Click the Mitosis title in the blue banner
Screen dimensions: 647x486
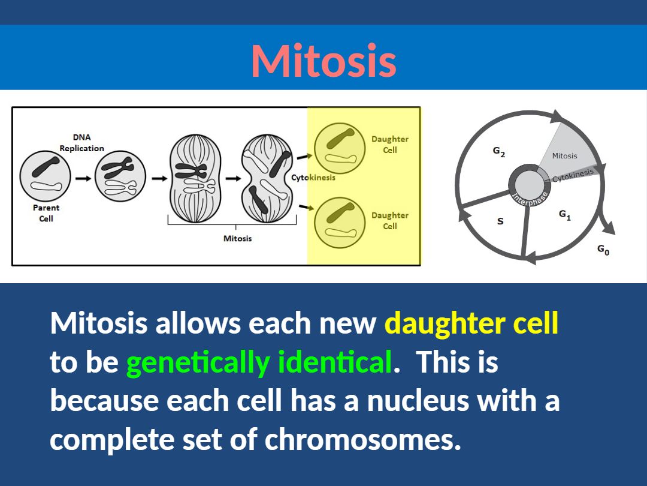tap(324, 61)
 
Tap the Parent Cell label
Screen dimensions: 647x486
tap(46, 213)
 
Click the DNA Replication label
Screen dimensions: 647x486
tap(81, 143)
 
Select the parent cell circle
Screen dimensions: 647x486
tap(45, 176)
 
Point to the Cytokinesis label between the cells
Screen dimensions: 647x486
tap(313, 178)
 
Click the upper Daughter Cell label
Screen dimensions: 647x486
tap(390, 144)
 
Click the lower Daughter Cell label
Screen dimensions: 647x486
tap(390, 220)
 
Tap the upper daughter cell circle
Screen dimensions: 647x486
tap(340, 149)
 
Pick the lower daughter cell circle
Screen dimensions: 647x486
tap(340, 223)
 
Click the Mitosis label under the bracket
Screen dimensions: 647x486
tap(237, 238)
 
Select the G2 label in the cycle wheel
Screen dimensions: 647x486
tap(499, 152)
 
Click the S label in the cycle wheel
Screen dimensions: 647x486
tap(500, 221)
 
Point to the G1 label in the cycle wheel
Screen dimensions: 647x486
tap(565, 215)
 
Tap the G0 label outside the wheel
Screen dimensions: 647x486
tap(603, 250)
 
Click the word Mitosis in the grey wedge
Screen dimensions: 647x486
tap(564, 156)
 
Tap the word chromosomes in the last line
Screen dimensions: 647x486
tap(362, 439)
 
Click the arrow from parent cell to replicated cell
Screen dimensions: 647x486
tap(83, 179)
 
